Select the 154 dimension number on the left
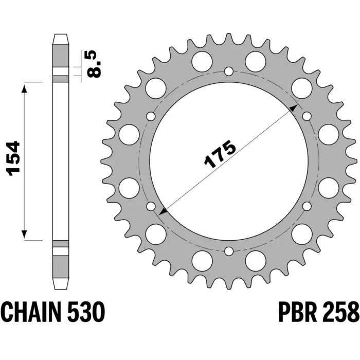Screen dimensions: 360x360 click(x=14, y=158)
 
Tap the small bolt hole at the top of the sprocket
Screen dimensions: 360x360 click(x=229, y=71)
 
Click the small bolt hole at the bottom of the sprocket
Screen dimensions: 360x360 click(x=229, y=251)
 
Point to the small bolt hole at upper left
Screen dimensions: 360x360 click(x=151, y=116)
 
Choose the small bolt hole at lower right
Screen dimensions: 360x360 click(x=307, y=206)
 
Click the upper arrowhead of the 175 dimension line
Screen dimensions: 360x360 click(x=294, y=109)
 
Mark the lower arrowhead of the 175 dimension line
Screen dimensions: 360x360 click(x=163, y=212)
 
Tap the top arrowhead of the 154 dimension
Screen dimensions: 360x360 click(x=24, y=88)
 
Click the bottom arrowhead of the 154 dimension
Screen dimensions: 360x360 click(x=24, y=234)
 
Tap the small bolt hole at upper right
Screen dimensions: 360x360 click(x=307, y=116)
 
